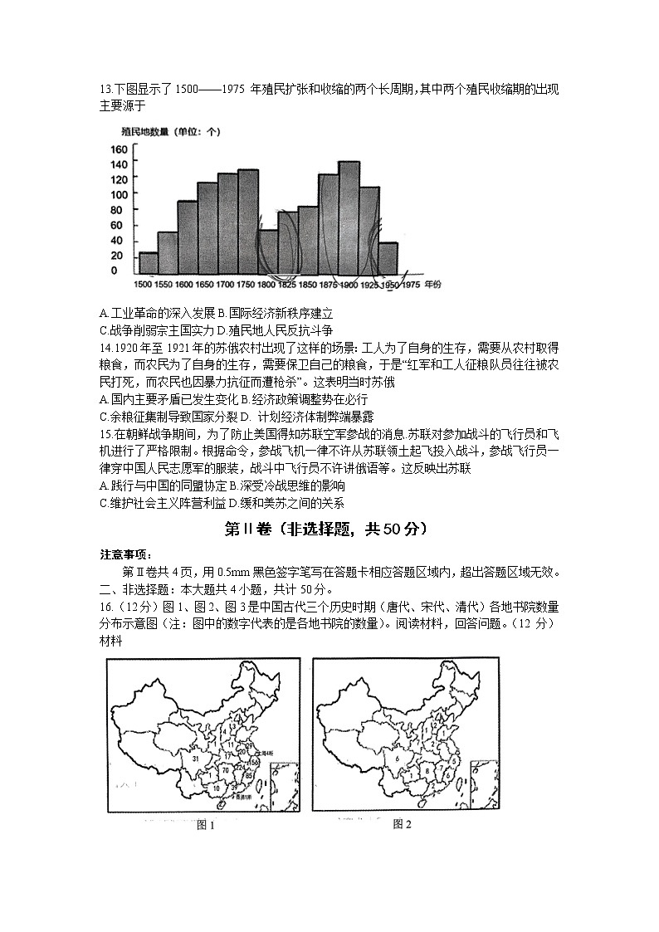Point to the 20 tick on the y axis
click(x=120, y=255)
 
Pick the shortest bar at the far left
click(x=149, y=263)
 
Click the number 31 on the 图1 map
click(x=195, y=758)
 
